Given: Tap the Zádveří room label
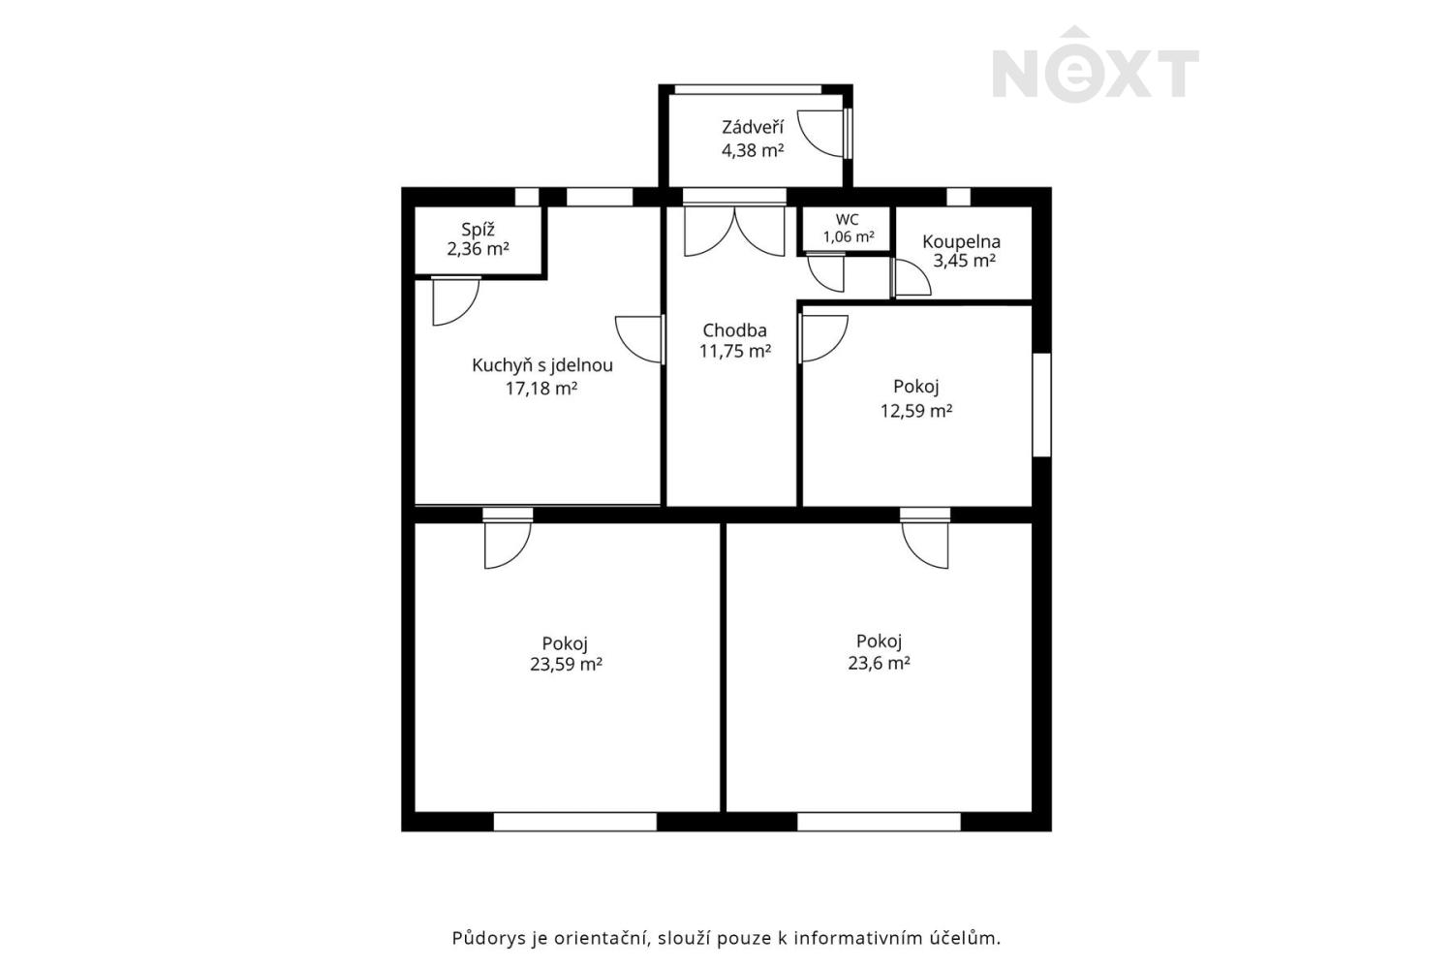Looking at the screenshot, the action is [753, 127].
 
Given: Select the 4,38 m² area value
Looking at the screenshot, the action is [753, 150].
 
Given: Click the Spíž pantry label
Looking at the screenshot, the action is [479, 230].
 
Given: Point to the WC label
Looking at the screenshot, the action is [848, 220].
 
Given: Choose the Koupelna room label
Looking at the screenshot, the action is [961, 242].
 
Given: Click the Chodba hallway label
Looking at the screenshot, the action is [735, 330].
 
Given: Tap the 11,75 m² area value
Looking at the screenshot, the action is [735, 351].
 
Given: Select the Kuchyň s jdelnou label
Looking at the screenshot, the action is [542, 366].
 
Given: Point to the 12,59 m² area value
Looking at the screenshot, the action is [916, 411].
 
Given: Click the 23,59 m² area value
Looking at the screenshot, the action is [566, 665].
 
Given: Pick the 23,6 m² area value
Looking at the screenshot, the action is [879, 663].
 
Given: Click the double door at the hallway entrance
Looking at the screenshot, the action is [734, 231].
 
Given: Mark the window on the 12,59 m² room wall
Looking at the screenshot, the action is [1041, 405].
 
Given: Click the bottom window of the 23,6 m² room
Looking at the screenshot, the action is [879, 822].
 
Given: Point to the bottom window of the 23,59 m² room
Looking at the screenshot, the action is [575, 822].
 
